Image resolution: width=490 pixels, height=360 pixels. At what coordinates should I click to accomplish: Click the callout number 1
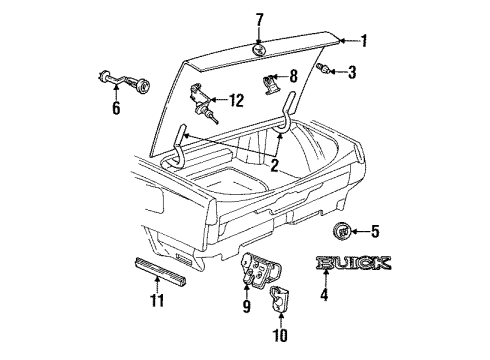(365, 41)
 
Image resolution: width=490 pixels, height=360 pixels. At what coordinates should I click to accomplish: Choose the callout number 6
(116, 107)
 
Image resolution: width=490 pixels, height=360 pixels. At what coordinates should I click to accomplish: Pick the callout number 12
(236, 99)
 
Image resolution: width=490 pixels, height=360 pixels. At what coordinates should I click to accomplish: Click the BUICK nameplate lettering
(353, 265)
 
